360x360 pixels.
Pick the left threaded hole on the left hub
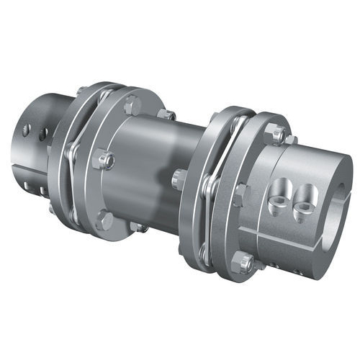tap(27, 130)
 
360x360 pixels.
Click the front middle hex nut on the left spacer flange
tap(103, 159)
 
